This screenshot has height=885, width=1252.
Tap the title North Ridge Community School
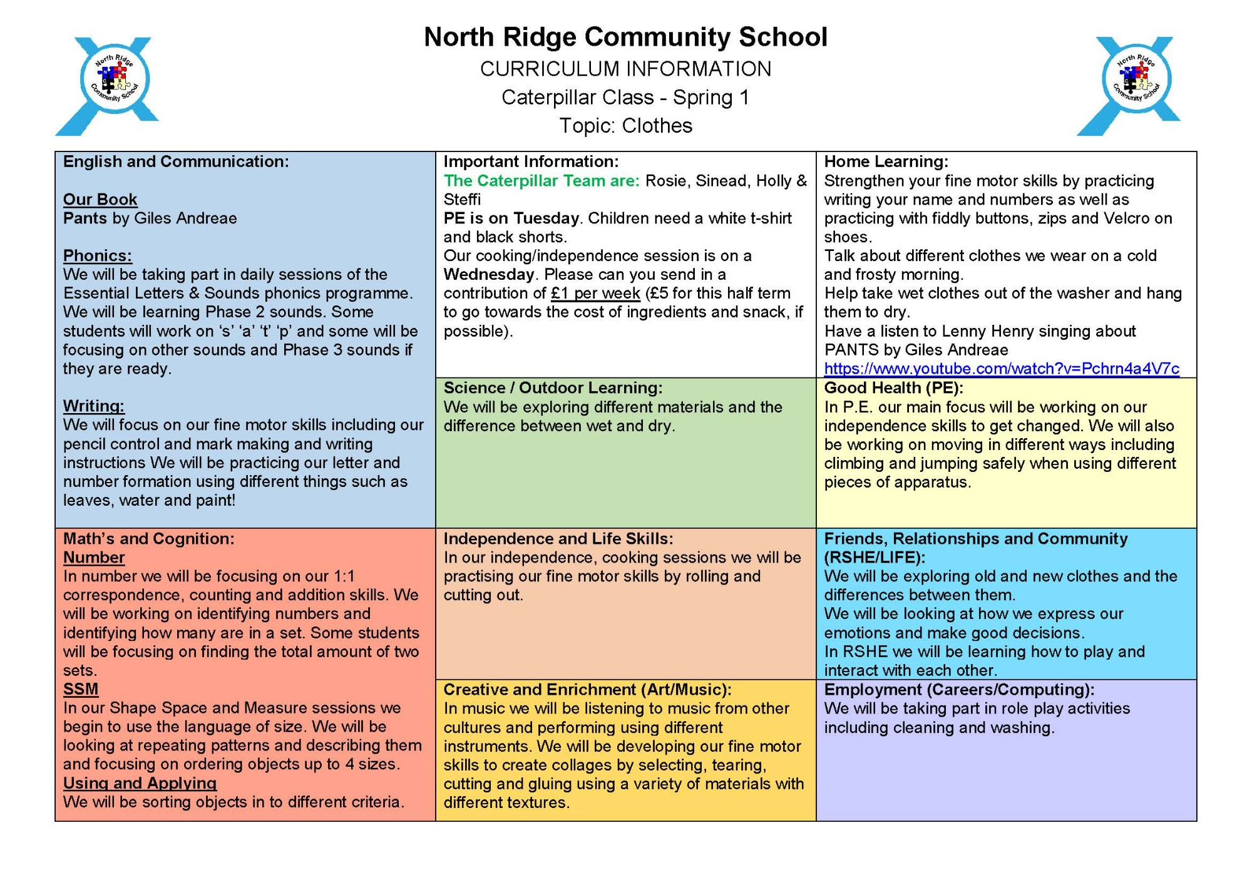625,38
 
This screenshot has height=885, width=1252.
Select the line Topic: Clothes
625,126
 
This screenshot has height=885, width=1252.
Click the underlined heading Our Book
100,200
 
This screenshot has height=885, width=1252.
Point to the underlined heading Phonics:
98,256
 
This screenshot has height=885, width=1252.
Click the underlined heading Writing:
94,406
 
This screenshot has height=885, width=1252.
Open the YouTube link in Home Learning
1002,369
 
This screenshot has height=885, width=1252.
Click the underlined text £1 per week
595,294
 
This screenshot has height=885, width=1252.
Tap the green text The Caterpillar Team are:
541,181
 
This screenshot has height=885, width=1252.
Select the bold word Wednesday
488,275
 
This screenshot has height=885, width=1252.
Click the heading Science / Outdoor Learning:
553,388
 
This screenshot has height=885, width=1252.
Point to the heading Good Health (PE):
893,388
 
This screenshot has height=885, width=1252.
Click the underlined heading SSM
81,689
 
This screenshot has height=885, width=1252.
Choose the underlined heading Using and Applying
140,783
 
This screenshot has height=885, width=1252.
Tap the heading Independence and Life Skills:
558,539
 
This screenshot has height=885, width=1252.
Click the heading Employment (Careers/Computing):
959,690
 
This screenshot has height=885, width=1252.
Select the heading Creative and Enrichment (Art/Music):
587,690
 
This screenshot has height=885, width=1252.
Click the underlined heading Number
94,558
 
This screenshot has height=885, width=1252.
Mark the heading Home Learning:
886,161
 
